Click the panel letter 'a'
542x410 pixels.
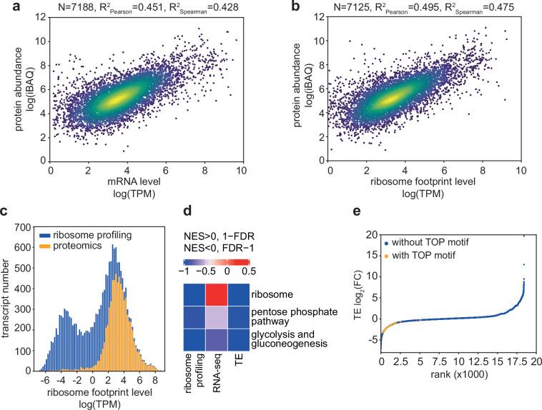[x=6, y=8]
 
